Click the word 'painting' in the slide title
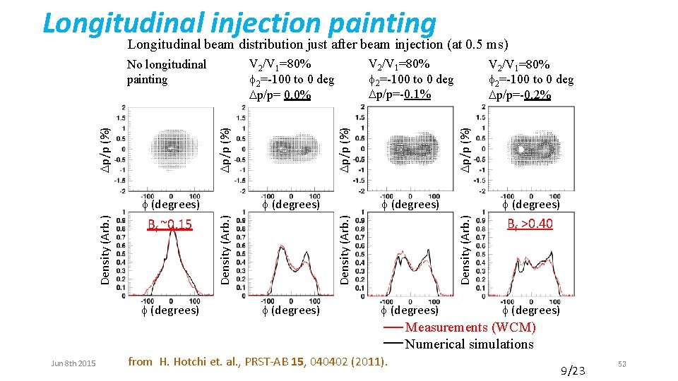382,23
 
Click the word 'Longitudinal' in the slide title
124,23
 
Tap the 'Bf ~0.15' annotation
169,225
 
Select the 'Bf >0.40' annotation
530,224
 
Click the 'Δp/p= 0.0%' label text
280,95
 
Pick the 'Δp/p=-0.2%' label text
520,95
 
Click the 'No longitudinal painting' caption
166,72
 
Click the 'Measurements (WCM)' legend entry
470,327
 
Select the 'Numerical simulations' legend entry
469,344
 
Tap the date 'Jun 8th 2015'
73,363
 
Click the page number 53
621,363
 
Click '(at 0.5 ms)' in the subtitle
478,44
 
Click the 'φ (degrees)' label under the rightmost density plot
531,310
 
